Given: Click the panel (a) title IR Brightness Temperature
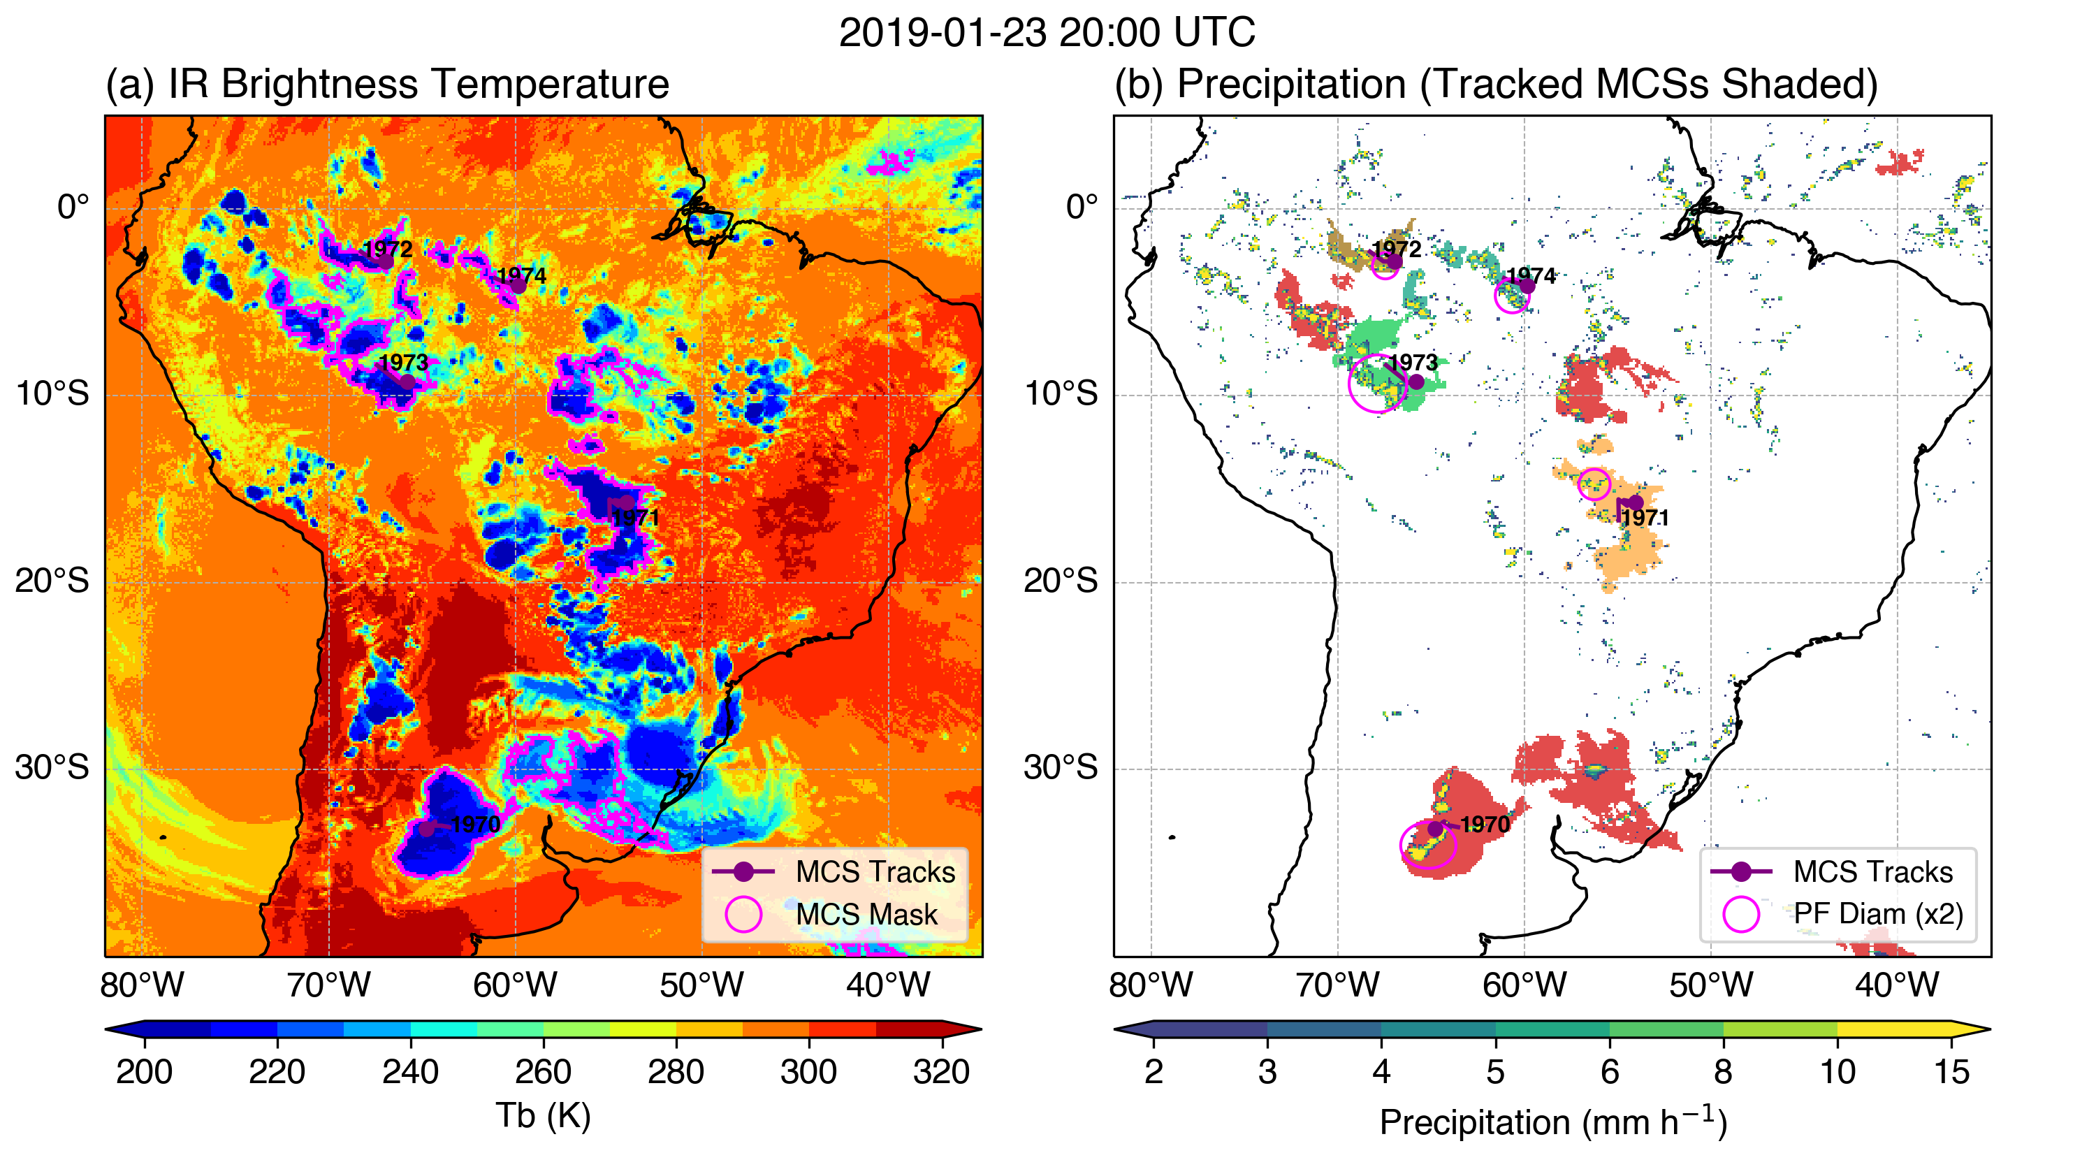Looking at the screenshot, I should (x=386, y=85).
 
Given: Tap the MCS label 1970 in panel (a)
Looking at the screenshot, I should (x=476, y=825).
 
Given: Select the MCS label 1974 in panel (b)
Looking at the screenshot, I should (x=1531, y=276).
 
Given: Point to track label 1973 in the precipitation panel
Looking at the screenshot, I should (x=1413, y=363).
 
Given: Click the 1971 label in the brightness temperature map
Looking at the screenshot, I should (x=636, y=518).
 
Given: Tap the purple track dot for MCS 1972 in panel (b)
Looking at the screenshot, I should (x=1394, y=261).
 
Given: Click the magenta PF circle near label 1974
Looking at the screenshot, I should (x=1512, y=297).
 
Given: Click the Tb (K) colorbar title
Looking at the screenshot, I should (x=543, y=1115).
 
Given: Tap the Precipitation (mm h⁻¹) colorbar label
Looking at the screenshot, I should (x=1552, y=1122).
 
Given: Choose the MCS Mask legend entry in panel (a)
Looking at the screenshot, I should (x=866, y=914).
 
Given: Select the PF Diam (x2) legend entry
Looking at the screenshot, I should (x=1878, y=914).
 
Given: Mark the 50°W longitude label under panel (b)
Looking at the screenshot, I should (x=1710, y=985).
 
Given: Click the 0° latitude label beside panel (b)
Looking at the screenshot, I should (x=1082, y=207).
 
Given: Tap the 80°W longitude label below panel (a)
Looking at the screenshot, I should (x=143, y=985).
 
